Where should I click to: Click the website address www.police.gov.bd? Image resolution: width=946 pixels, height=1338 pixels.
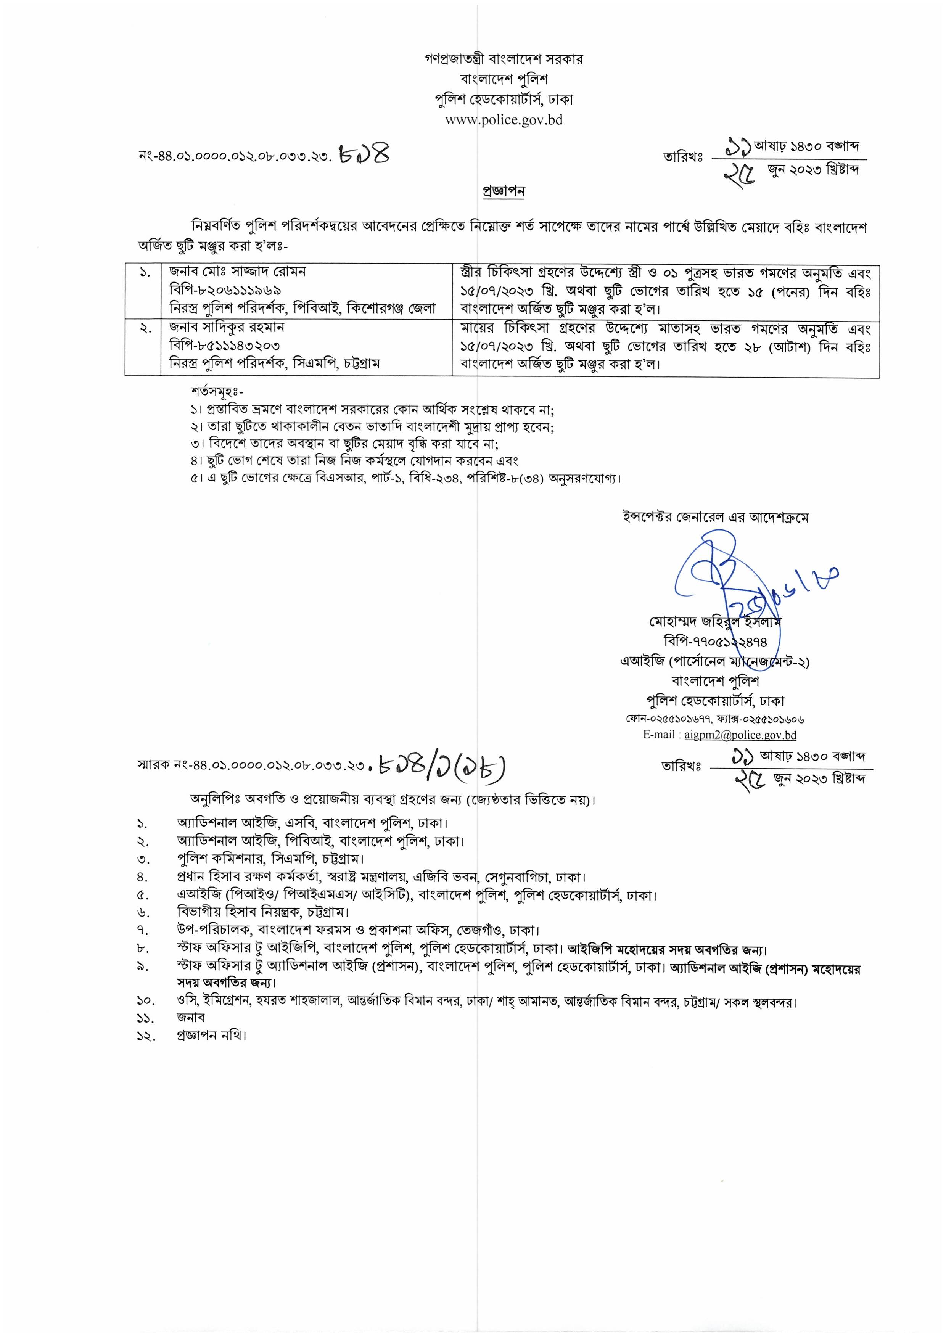click(504, 120)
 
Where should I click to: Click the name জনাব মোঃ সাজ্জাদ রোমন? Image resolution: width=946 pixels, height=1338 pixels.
click(238, 272)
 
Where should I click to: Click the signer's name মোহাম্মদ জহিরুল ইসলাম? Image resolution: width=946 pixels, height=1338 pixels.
click(714, 622)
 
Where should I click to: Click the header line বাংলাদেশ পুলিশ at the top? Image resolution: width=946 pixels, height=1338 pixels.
click(504, 79)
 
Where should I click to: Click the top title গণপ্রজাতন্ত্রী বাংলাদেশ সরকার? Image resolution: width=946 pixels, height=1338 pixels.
click(504, 60)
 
